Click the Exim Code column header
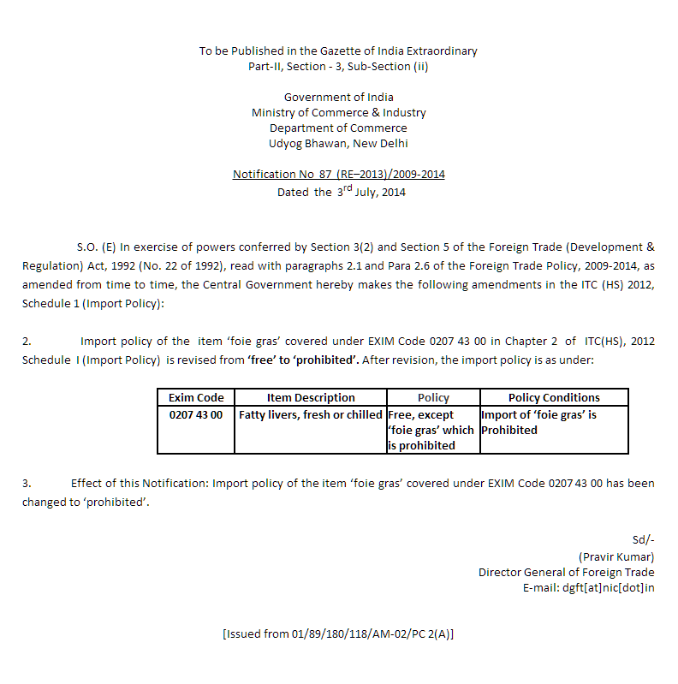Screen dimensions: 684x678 tap(196, 397)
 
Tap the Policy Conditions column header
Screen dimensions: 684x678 tap(554, 397)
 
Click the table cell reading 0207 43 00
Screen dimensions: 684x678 tap(196, 414)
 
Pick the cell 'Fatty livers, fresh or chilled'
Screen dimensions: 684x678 tap(311, 414)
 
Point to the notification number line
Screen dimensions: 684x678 tap(339, 175)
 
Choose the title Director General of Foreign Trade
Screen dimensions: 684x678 tap(567, 572)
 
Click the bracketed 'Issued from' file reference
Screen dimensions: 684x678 tap(338, 634)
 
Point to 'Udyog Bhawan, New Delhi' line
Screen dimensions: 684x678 tap(338, 144)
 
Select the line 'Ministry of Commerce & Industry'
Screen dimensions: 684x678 tap(338, 113)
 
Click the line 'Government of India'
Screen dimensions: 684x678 tap(338, 98)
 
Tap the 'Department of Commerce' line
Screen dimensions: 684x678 tap(338, 128)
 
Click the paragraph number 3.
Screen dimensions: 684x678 tap(26, 483)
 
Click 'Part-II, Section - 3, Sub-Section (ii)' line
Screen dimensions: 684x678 tap(338, 67)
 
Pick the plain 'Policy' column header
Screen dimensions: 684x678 tap(433, 397)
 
